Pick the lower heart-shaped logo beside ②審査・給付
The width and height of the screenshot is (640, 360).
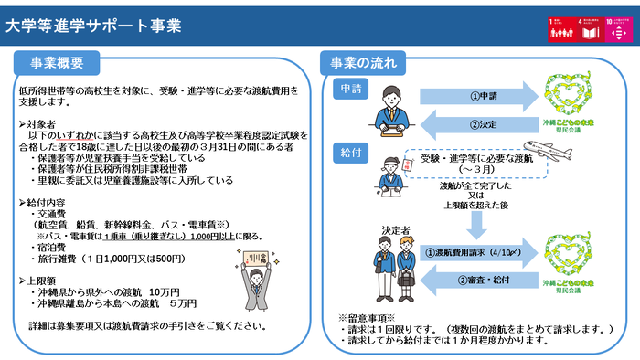(573, 260)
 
